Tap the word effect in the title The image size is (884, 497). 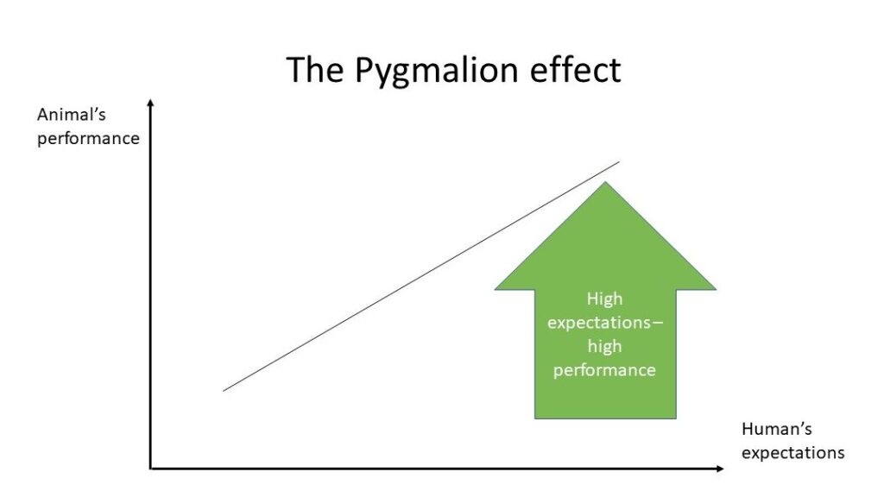pos(576,69)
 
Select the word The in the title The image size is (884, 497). pos(314,69)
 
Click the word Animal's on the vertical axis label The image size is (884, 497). pos(71,115)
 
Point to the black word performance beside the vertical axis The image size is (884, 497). pos(88,139)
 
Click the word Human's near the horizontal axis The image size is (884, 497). pos(776,430)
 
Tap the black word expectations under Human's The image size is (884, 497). pos(792,453)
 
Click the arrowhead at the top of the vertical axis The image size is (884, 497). pos(150,102)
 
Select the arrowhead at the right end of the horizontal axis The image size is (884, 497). pos(721,469)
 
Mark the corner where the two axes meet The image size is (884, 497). pos(150,469)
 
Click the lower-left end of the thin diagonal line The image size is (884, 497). pos(224,391)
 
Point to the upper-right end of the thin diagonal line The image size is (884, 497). pos(619,162)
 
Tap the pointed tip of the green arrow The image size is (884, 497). pos(605,181)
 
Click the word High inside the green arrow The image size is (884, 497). pos(604,299)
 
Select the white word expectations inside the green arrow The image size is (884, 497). pos(599,323)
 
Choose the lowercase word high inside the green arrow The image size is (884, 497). pos(604,346)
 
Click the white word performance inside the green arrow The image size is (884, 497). pos(604,370)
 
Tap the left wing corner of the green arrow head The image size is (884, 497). pos(495,290)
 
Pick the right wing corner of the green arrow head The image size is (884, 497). pos(716,290)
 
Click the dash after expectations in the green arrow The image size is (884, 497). pos(658,324)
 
